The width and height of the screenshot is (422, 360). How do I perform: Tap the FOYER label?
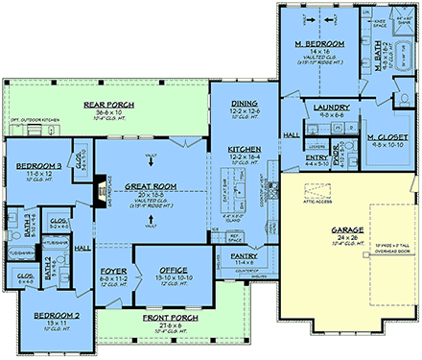coord(114,272)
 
